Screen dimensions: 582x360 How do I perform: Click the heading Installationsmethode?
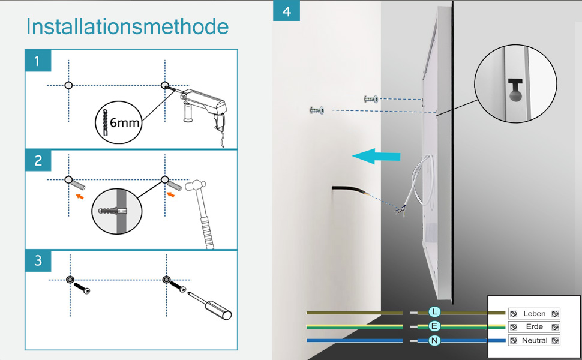[x=127, y=26]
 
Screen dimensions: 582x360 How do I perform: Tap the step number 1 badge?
[x=38, y=61]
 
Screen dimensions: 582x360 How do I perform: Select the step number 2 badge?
[x=38, y=161]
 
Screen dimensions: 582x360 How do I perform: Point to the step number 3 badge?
[x=38, y=260]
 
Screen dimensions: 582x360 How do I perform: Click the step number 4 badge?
[x=286, y=11]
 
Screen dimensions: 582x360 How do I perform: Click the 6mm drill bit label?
[x=124, y=122]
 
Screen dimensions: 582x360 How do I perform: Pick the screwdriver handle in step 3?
[x=218, y=309]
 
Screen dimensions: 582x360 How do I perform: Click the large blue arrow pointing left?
[x=376, y=156]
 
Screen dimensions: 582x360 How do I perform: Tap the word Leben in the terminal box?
[x=534, y=314]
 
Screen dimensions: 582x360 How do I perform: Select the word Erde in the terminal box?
[x=534, y=326]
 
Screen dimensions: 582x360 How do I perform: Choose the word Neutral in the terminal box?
[x=535, y=340]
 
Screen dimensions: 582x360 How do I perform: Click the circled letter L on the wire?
[x=434, y=312]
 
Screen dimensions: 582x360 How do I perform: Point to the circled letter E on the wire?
[x=434, y=326]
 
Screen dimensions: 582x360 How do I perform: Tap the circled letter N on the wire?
[x=434, y=340]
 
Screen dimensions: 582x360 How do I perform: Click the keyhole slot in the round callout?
[x=515, y=90]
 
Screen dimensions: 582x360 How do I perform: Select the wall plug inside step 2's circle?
[x=112, y=211]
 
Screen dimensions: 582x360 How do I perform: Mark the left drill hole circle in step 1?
[x=68, y=85]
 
